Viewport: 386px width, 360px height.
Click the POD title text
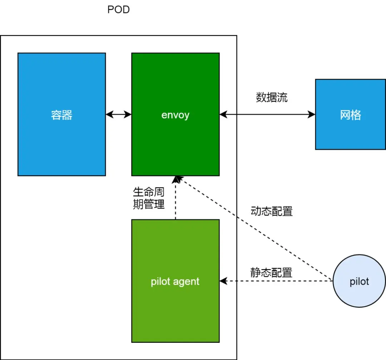pos(118,10)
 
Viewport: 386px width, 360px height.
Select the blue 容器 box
pos(62,114)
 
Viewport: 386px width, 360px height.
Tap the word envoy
pos(175,115)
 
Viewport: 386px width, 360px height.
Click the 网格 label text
pos(351,115)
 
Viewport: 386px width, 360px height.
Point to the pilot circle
pos(359,281)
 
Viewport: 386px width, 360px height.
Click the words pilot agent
pos(175,281)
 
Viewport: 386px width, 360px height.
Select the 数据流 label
pos(272,97)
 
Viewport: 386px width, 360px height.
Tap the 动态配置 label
pos(272,211)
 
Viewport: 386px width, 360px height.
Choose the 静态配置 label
pos(271,273)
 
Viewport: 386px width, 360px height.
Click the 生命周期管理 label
pos(149,198)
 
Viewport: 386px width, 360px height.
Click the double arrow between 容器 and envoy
pos(119,114)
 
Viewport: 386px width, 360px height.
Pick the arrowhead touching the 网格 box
pos(311,114)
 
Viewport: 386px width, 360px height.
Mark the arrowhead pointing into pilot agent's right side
pos(223,281)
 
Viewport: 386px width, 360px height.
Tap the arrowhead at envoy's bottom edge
pos(175,179)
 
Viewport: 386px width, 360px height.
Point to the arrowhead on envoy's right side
pos(223,114)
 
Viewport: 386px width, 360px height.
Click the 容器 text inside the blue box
pos(62,115)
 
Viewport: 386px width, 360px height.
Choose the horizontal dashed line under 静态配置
pos(276,281)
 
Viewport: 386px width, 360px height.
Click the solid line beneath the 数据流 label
pos(267,114)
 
